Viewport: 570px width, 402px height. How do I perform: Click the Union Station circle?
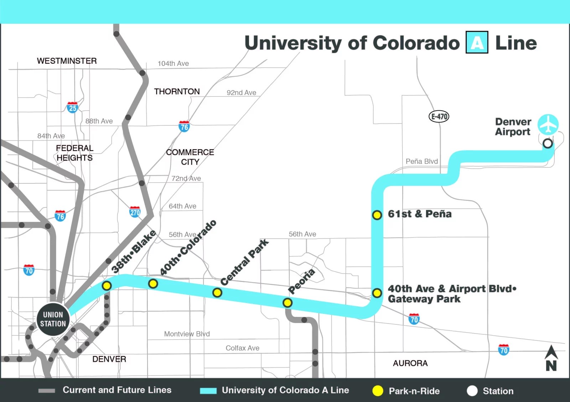pyautogui.click(x=53, y=319)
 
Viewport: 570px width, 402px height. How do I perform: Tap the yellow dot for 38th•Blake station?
pyautogui.click(x=107, y=286)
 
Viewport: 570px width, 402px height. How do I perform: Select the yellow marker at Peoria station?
pyautogui.click(x=287, y=303)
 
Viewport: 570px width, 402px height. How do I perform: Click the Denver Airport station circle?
pyautogui.click(x=548, y=143)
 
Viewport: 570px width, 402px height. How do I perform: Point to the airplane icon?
pyautogui.click(x=548, y=124)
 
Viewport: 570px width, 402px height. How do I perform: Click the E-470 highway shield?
pyautogui.click(x=439, y=116)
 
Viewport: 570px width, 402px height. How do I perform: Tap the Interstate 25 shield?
pyautogui.click(x=72, y=108)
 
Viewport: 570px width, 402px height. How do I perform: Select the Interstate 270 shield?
pyautogui.click(x=135, y=212)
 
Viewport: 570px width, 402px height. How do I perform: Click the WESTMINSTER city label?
pyautogui.click(x=67, y=61)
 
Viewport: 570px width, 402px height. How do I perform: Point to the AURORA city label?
pyautogui.click(x=410, y=363)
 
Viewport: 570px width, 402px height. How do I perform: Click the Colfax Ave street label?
pyautogui.click(x=242, y=348)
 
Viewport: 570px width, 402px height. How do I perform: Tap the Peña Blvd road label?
pyautogui.click(x=421, y=161)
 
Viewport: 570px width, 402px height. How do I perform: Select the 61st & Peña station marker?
pyautogui.click(x=377, y=215)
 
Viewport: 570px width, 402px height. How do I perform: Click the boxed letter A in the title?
pyautogui.click(x=477, y=43)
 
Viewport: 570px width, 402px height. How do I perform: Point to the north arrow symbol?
pyautogui.click(x=551, y=358)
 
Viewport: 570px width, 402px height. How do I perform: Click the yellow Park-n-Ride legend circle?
pyautogui.click(x=378, y=391)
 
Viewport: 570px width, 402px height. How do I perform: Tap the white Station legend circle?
pyautogui.click(x=472, y=391)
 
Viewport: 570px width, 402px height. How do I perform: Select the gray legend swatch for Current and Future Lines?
pyautogui.click(x=47, y=391)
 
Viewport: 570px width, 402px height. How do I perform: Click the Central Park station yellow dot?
pyautogui.click(x=217, y=293)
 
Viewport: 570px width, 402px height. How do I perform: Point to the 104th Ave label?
pyautogui.click(x=173, y=63)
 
